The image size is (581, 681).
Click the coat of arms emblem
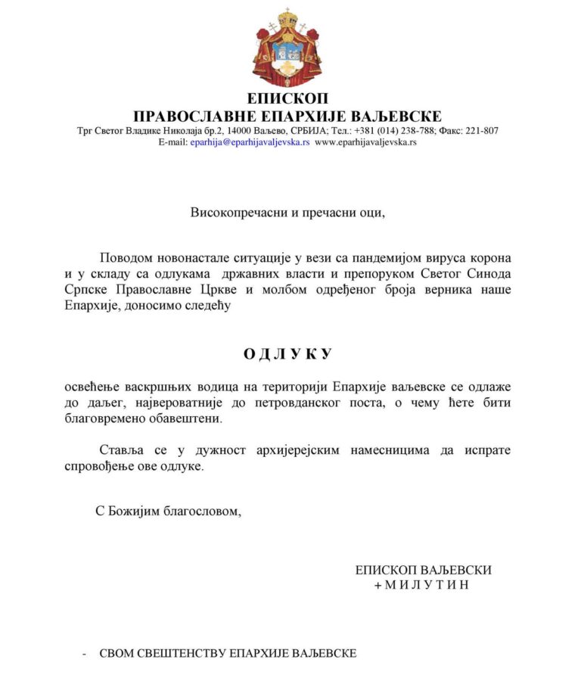pyautogui.click(x=287, y=48)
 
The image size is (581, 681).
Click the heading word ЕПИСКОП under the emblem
pyautogui.click(x=287, y=99)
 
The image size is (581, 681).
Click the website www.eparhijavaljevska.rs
pyautogui.click(x=365, y=141)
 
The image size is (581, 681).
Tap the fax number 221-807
pyautogui.click(x=480, y=130)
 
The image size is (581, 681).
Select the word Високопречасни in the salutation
pyautogui.click(x=238, y=213)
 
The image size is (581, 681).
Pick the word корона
pyautogui.click(x=489, y=257)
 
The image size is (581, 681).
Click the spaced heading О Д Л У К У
pyautogui.click(x=287, y=354)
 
